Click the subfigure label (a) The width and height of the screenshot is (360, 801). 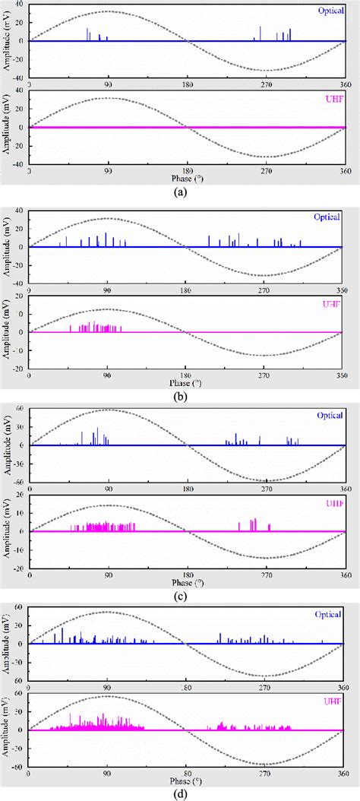tap(180, 192)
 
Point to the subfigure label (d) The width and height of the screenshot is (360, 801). tap(180, 793)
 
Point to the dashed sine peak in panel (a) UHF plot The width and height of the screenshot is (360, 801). tap(109, 98)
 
